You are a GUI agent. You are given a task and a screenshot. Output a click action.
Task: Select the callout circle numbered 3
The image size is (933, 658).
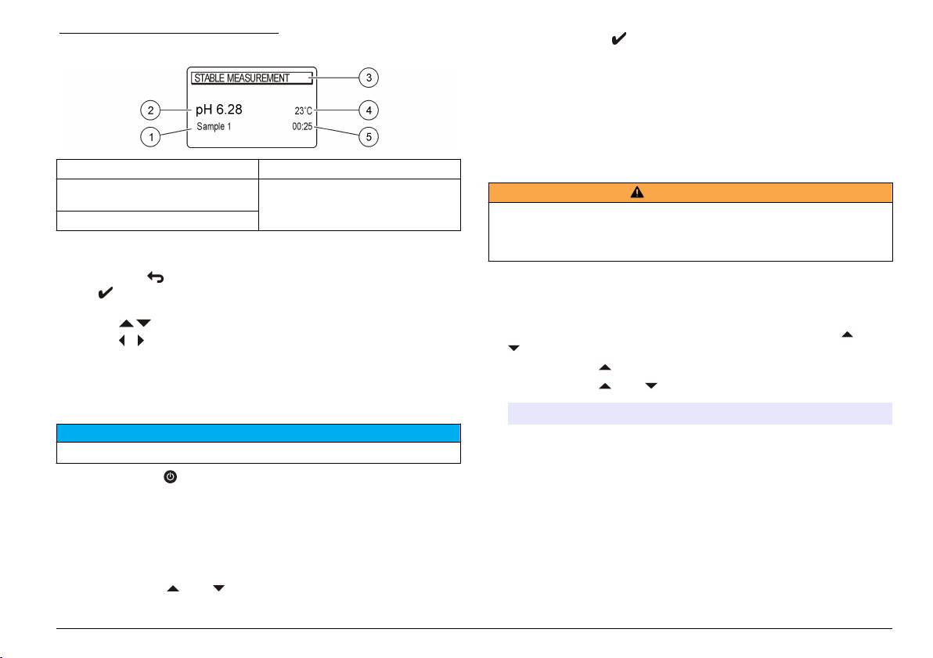(369, 78)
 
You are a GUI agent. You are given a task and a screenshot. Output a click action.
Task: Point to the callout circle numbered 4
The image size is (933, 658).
(369, 110)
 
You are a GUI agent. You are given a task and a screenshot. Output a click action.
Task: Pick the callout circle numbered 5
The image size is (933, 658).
(369, 137)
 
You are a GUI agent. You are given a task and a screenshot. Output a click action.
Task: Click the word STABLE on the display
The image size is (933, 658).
(210, 78)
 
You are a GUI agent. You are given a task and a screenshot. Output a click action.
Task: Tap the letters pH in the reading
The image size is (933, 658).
(204, 110)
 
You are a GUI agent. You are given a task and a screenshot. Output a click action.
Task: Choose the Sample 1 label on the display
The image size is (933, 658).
(214, 126)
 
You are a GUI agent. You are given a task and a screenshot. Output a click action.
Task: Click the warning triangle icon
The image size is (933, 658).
(637, 193)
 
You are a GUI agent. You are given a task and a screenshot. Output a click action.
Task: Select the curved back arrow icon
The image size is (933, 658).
(154, 277)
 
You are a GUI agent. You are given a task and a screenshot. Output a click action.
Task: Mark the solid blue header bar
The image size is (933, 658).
(258, 433)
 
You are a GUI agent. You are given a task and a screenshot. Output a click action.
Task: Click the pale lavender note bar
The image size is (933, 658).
(700, 414)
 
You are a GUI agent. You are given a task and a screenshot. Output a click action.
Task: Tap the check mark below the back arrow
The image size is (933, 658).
(105, 294)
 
